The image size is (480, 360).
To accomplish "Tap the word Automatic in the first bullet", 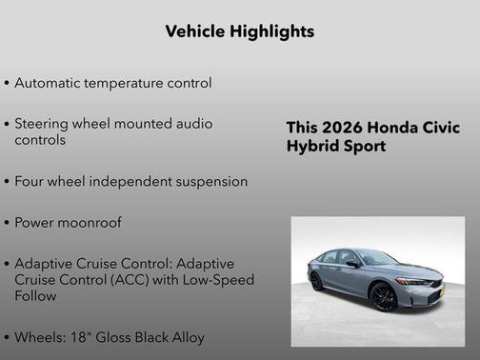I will click(x=49, y=83).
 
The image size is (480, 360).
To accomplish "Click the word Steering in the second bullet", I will click(x=43, y=124).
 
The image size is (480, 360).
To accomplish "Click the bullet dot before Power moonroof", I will click(x=8, y=223).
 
